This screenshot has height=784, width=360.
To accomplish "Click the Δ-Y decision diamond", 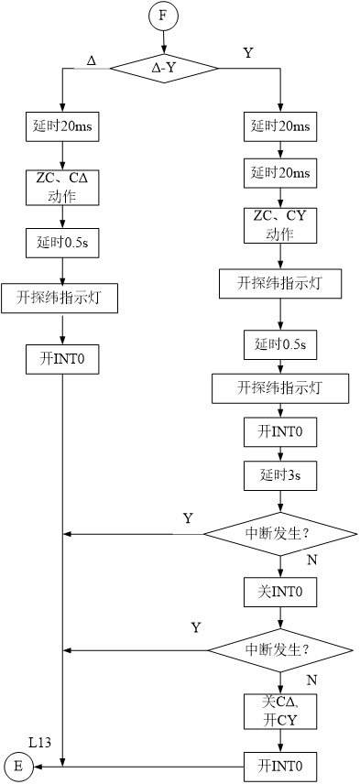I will click(163, 68).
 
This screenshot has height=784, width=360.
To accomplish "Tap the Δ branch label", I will click(91, 60).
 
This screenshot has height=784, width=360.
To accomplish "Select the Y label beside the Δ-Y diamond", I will click(248, 54).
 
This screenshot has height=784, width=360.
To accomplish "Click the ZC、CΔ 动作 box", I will click(61, 187).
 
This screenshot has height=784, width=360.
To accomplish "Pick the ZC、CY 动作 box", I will click(280, 224).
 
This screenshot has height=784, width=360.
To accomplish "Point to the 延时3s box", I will click(280, 475).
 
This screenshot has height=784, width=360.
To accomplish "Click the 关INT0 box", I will click(280, 592).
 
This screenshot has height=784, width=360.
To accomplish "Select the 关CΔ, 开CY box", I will click(280, 711).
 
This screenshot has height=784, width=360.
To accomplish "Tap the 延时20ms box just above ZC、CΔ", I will click(61, 127).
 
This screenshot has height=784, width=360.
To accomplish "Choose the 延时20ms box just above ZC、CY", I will click(280, 173).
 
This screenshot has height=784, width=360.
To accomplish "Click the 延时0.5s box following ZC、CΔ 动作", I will click(61, 243).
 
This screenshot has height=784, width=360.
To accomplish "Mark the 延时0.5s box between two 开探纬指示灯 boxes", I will click(280, 345).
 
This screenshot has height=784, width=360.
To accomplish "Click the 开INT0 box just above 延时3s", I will click(280, 430).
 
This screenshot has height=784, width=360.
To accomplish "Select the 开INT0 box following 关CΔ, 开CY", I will click(280, 766).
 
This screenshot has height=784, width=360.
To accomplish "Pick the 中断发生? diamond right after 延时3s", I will click(279, 533).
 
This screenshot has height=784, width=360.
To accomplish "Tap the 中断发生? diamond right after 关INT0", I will click(279, 650).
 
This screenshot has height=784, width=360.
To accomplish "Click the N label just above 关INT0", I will click(311, 560).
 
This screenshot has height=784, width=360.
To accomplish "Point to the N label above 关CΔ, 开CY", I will click(311, 681).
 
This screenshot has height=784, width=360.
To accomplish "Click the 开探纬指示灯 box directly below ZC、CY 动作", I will click(280, 284).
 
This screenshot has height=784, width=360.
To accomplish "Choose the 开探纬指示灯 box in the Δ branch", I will click(60, 299).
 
